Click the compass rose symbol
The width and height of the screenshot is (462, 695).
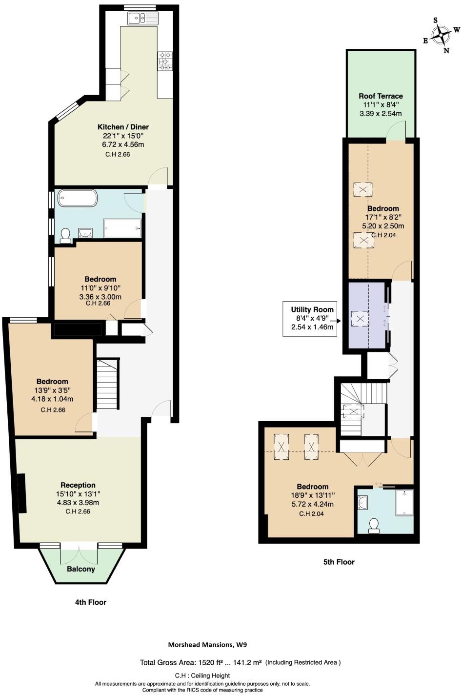click(441, 35)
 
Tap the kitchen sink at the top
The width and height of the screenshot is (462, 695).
click(143, 19)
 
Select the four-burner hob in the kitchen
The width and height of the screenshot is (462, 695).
click(165, 61)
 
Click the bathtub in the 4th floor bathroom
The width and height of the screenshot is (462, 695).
click(78, 199)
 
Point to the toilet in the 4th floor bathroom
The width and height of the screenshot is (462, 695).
click(65, 236)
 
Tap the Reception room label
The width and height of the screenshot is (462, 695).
click(78, 485)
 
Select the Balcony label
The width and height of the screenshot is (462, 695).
click(81, 569)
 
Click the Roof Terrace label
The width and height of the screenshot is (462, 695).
click(381, 96)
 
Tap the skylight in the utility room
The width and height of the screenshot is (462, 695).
click(361, 319)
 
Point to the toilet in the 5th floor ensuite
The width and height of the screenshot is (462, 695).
click(374, 524)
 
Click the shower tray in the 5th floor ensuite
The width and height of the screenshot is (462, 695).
click(404, 503)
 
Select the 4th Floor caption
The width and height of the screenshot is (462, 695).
click(90, 602)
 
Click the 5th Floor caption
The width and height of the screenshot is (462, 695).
click(339, 562)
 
